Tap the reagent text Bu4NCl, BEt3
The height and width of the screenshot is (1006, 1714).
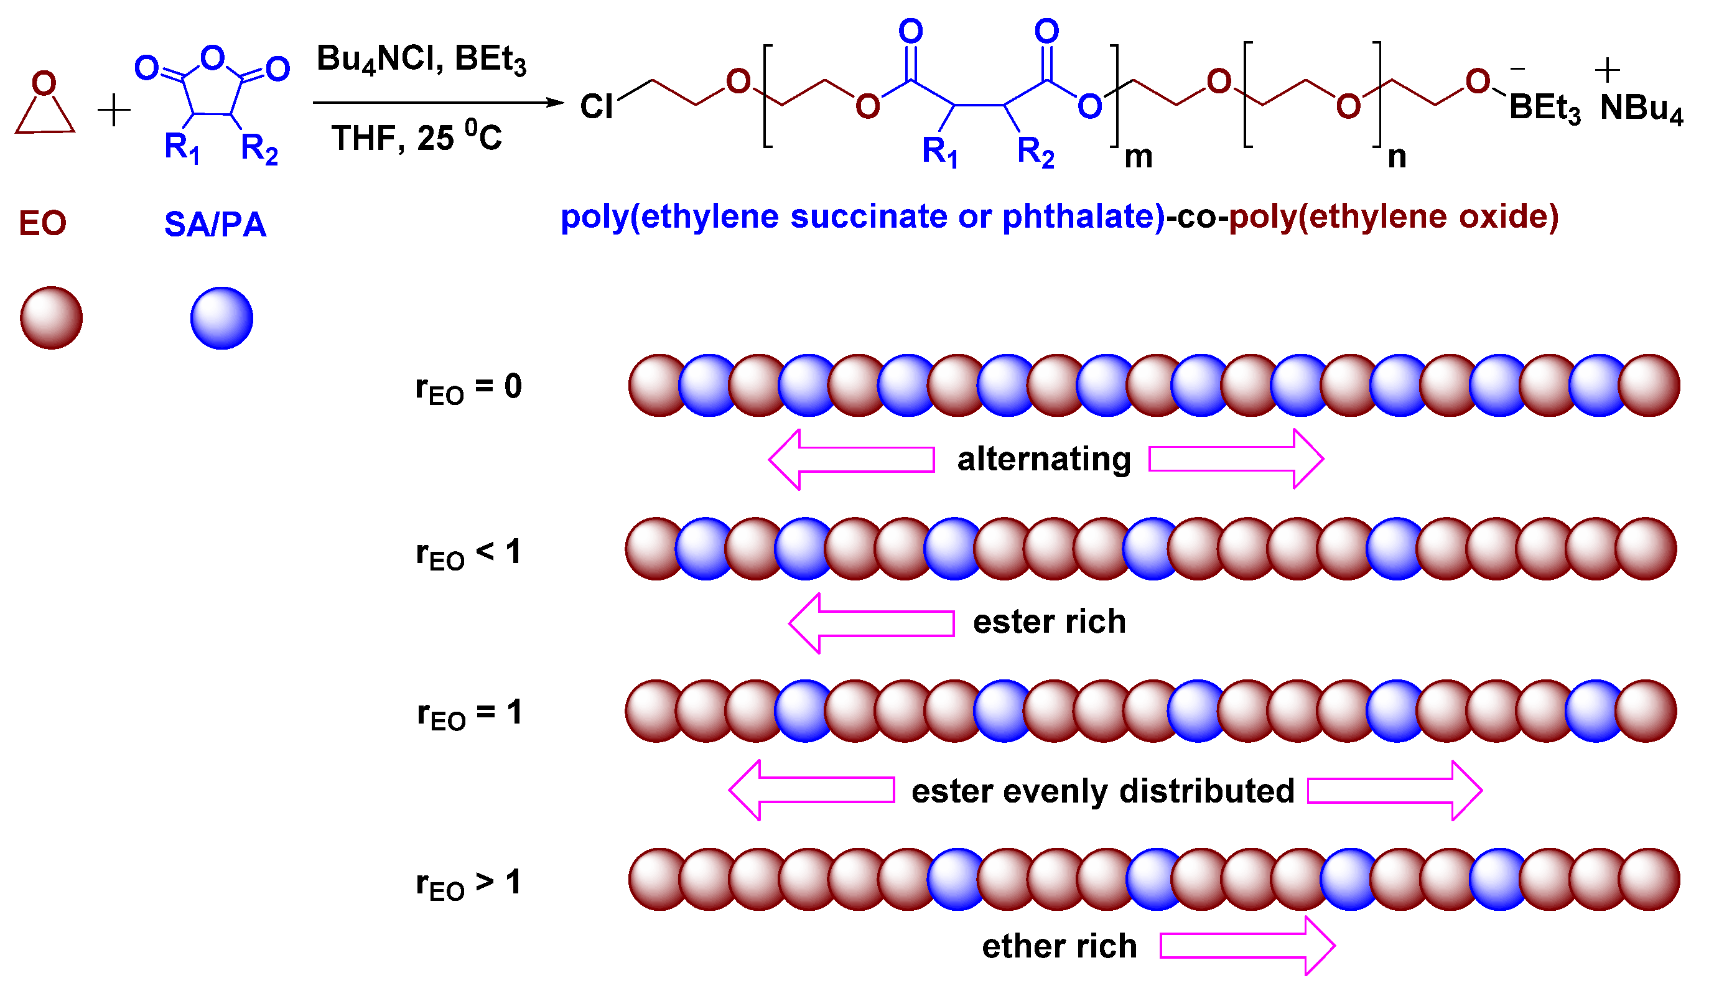421,60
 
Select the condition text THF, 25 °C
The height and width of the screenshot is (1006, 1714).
416,138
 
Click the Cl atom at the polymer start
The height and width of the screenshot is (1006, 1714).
597,107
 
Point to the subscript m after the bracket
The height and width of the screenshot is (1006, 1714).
1139,158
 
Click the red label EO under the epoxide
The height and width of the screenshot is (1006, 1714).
42,224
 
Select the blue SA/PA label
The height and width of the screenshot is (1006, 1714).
215,225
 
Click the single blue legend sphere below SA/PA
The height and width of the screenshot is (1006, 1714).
221,319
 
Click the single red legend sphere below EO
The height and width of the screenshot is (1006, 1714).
52,319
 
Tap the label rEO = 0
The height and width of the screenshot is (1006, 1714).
468,388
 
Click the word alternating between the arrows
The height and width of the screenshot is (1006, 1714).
1044,460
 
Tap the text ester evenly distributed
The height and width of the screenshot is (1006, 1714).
1102,792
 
